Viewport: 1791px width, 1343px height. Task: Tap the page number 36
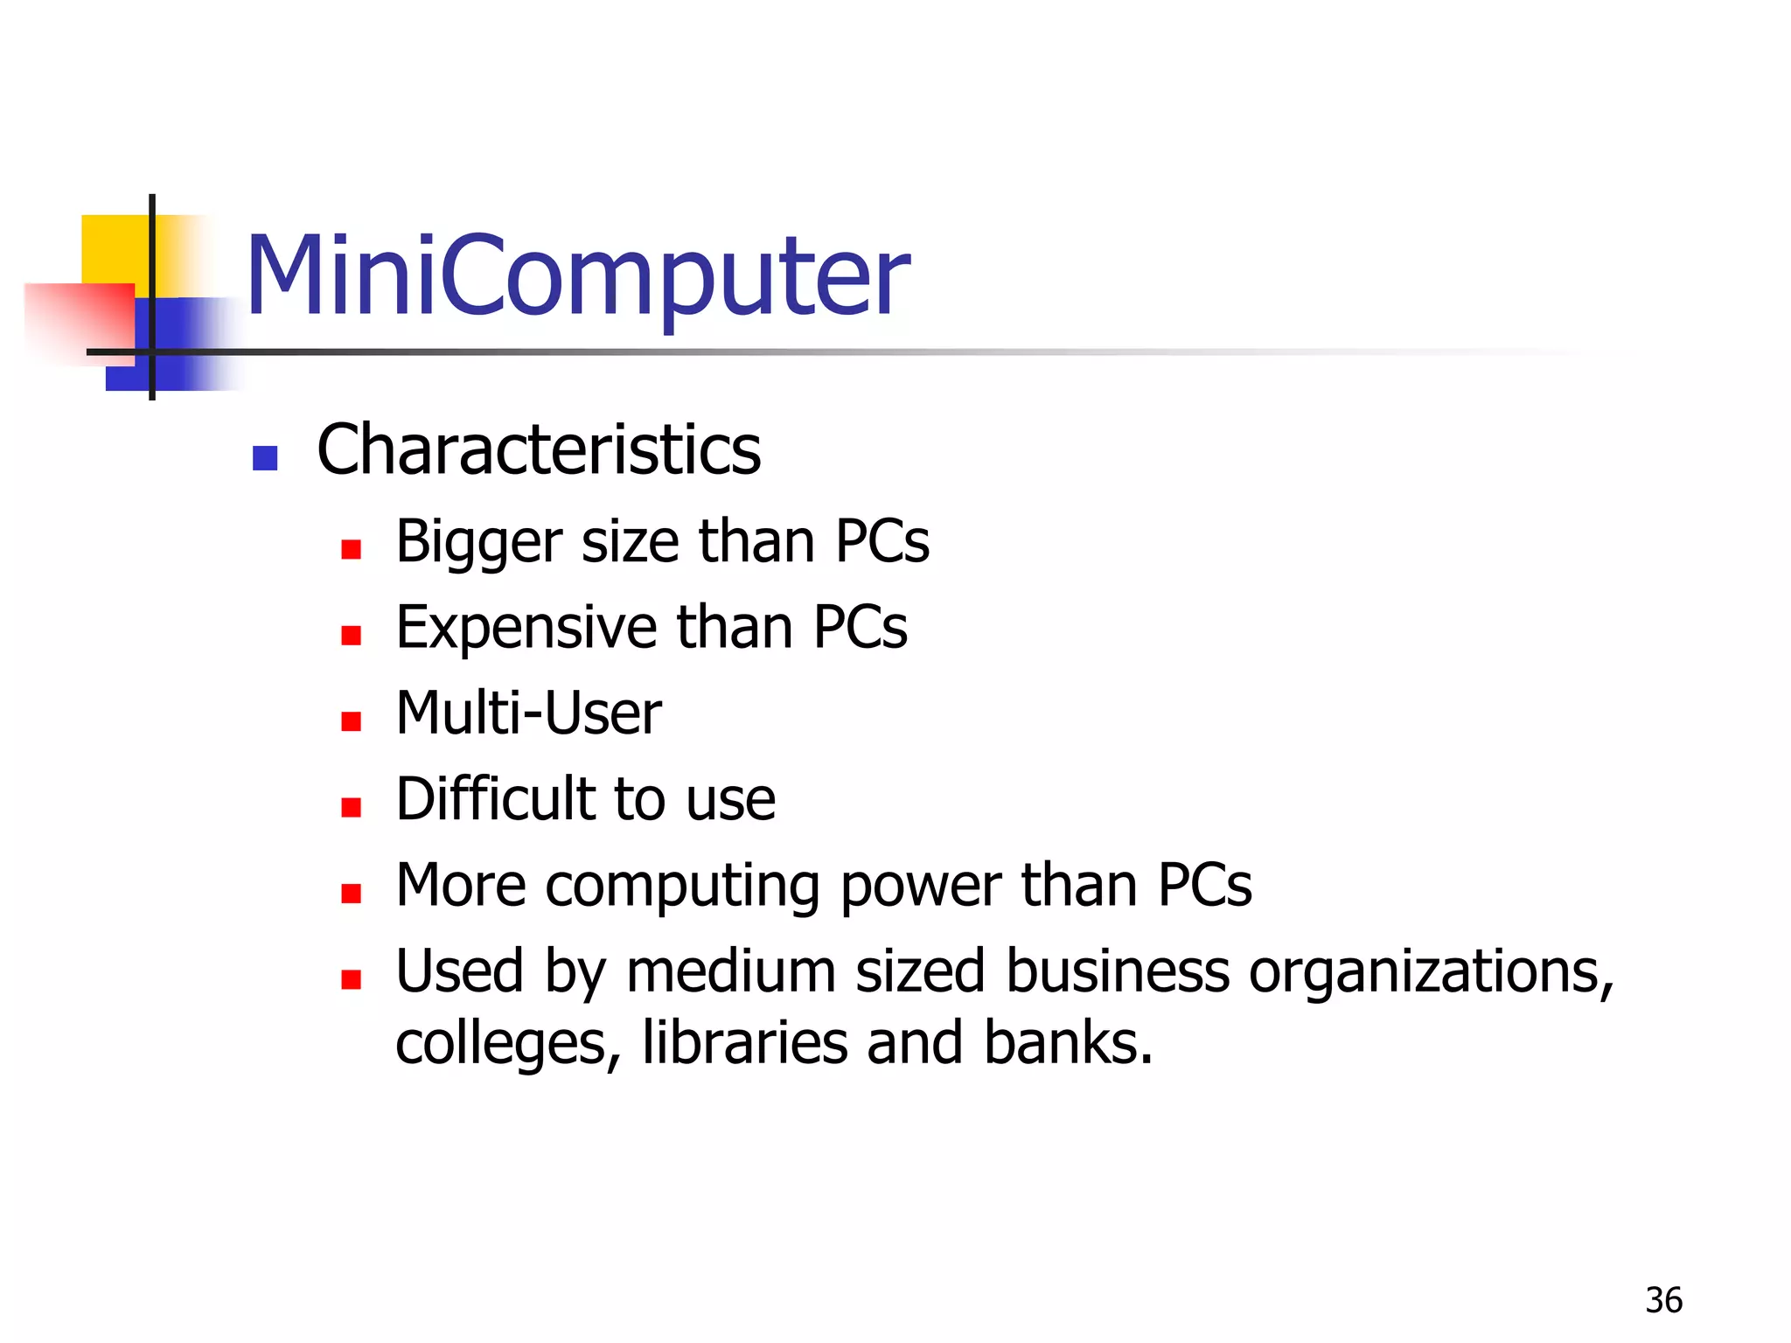[1663, 1301]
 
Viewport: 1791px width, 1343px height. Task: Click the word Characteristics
[539, 449]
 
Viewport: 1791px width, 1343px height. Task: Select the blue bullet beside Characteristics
[264, 458]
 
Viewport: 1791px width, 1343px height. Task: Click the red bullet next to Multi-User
[352, 721]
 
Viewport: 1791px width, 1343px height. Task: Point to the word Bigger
[478, 542]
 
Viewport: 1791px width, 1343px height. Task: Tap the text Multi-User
[528, 713]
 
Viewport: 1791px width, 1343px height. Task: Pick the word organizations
[1431, 972]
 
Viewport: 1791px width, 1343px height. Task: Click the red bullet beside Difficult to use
[352, 807]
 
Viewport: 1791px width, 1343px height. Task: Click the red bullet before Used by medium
[352, 979]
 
